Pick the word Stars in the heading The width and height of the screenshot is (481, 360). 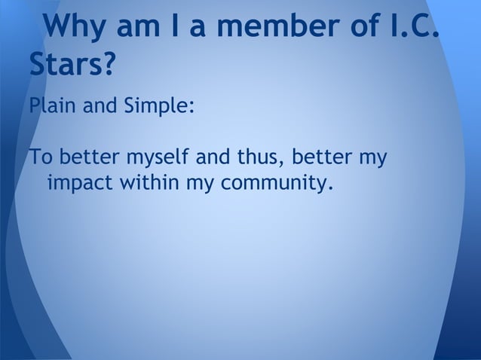[66, 66]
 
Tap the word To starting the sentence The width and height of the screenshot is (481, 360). [40, 159]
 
